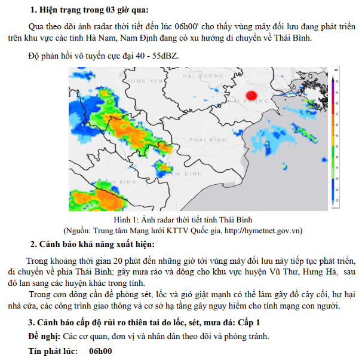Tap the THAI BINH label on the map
tap(206, 139)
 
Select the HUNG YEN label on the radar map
tap(145, 80)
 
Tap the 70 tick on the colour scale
tap(338, 81)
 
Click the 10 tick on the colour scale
tap(338, 200)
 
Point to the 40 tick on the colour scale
tap(338, 136)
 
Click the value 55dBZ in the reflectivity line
tap(164, 56)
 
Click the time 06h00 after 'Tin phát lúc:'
tap(100, 351)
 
